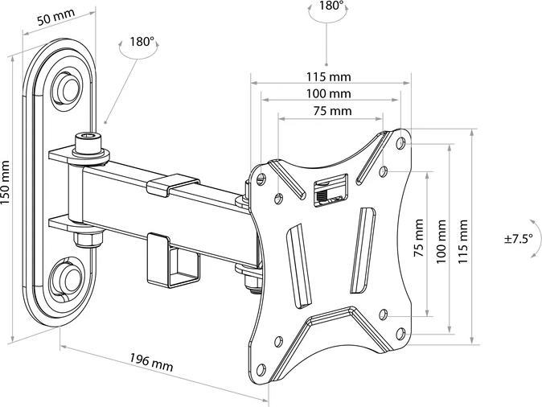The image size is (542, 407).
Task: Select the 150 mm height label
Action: pos(8,194)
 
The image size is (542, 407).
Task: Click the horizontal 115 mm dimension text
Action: pos(328,77)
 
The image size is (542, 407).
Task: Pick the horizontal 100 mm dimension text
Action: pos(328,94)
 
